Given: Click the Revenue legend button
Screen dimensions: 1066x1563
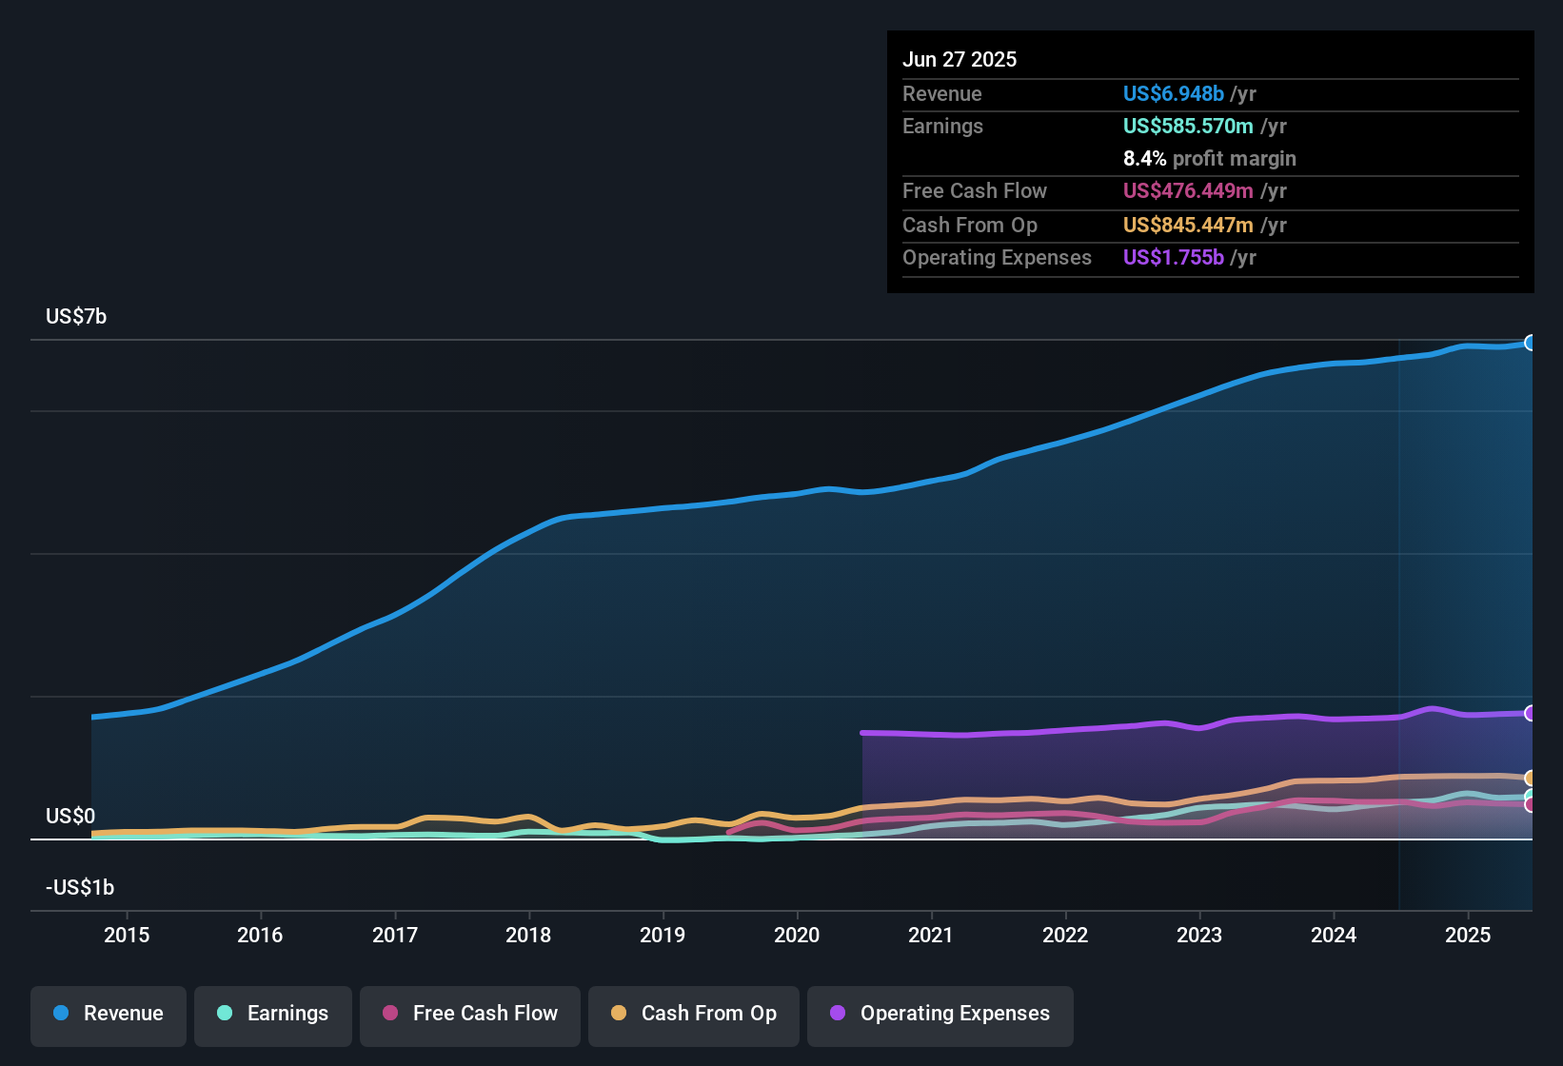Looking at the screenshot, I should coord(109,1014).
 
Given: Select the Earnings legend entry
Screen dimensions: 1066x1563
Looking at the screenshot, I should coord(273,1014).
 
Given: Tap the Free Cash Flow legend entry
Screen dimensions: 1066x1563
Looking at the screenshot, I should coord(470,1014).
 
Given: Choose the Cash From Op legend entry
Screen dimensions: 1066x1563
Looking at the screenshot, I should coord(694,1014).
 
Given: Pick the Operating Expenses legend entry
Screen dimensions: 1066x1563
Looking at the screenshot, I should coord(940,1014).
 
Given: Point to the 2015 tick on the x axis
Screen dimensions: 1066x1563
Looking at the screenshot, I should coord(127,935).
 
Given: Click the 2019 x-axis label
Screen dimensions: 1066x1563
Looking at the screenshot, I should coord(663,935).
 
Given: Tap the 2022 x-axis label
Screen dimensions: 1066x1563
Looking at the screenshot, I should coord(1065,935).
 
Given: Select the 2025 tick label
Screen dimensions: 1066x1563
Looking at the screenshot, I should coord(1468,935).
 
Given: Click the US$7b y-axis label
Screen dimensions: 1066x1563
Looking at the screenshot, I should coord(76,316).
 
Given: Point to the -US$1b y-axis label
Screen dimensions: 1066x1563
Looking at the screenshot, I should coord(80,887).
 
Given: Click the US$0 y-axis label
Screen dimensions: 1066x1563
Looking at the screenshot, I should coord(70,816).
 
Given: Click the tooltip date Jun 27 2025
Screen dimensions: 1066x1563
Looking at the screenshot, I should coord(960,59).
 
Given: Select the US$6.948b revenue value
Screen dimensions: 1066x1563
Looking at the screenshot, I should coord(1173,93).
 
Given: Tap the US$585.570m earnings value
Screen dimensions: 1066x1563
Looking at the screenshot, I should coord(1187,126).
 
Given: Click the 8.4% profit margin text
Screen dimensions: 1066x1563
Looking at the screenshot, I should coord(1209,158).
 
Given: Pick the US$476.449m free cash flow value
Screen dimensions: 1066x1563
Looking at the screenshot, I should coord(1187,190).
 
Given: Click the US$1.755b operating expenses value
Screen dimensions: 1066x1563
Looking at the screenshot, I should coord(1173,257).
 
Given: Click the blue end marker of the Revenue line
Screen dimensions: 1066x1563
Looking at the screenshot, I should coord(1531,343).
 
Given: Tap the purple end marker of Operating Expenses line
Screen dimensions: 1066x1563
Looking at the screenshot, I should coord(1531,713).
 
